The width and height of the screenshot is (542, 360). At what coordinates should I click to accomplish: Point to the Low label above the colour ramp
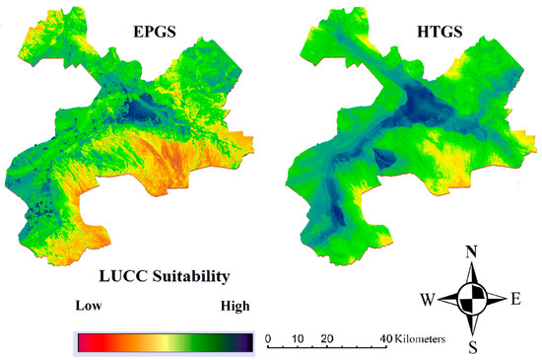click(89, 306)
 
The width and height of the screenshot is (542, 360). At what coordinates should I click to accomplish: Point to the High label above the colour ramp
click(234, 306)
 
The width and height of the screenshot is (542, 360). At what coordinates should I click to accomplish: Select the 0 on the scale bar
click(268, 337)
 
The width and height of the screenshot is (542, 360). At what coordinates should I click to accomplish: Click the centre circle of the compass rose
click(472, 297)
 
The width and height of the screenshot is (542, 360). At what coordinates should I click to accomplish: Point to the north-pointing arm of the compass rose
click(472, 275)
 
